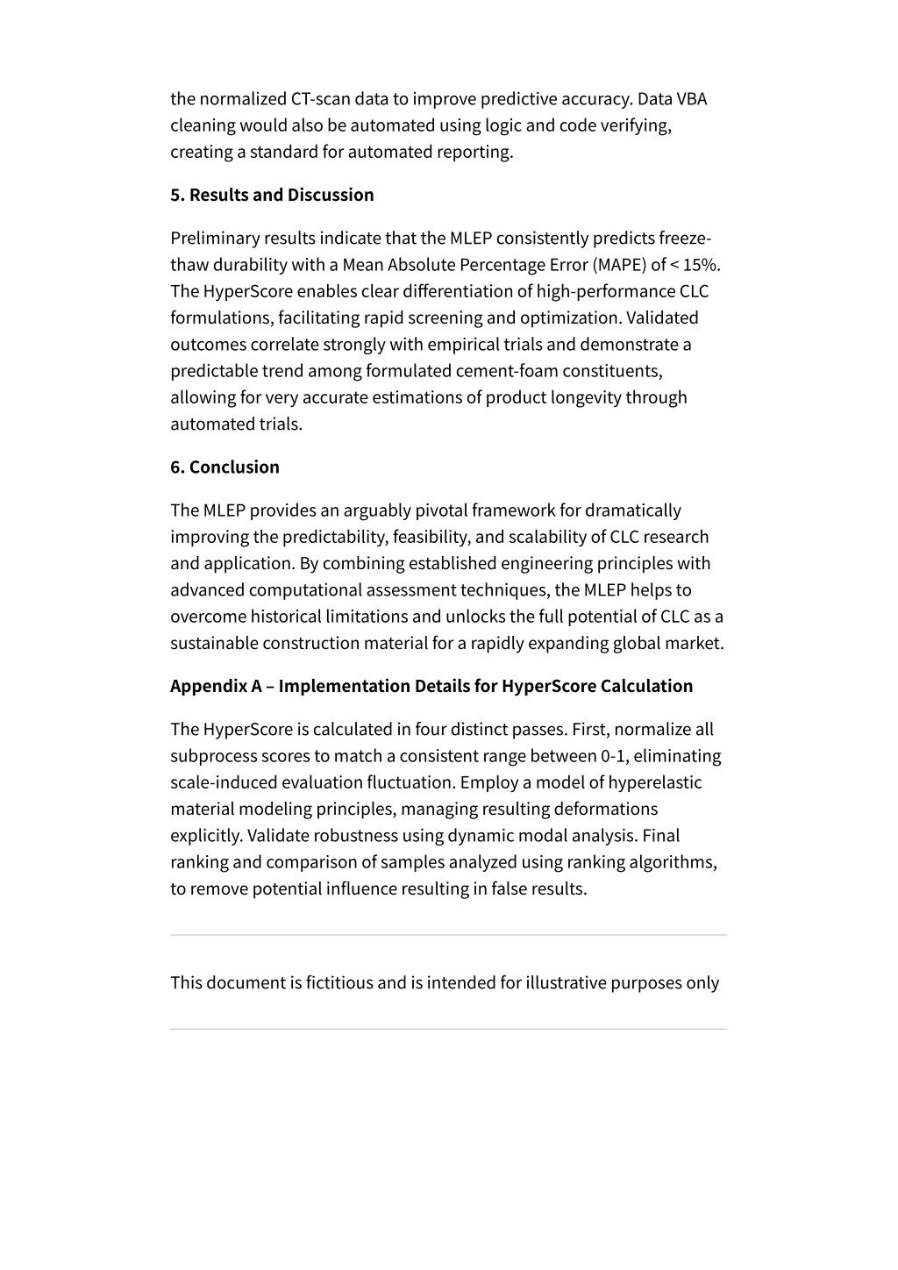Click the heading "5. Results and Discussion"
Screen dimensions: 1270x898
click(x=272, y=195)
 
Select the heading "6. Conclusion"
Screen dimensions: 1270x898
click(x=224, y=467)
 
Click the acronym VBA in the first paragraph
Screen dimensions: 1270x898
click(x=691, y=98)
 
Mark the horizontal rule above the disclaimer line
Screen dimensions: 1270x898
click(x=448, y=935)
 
